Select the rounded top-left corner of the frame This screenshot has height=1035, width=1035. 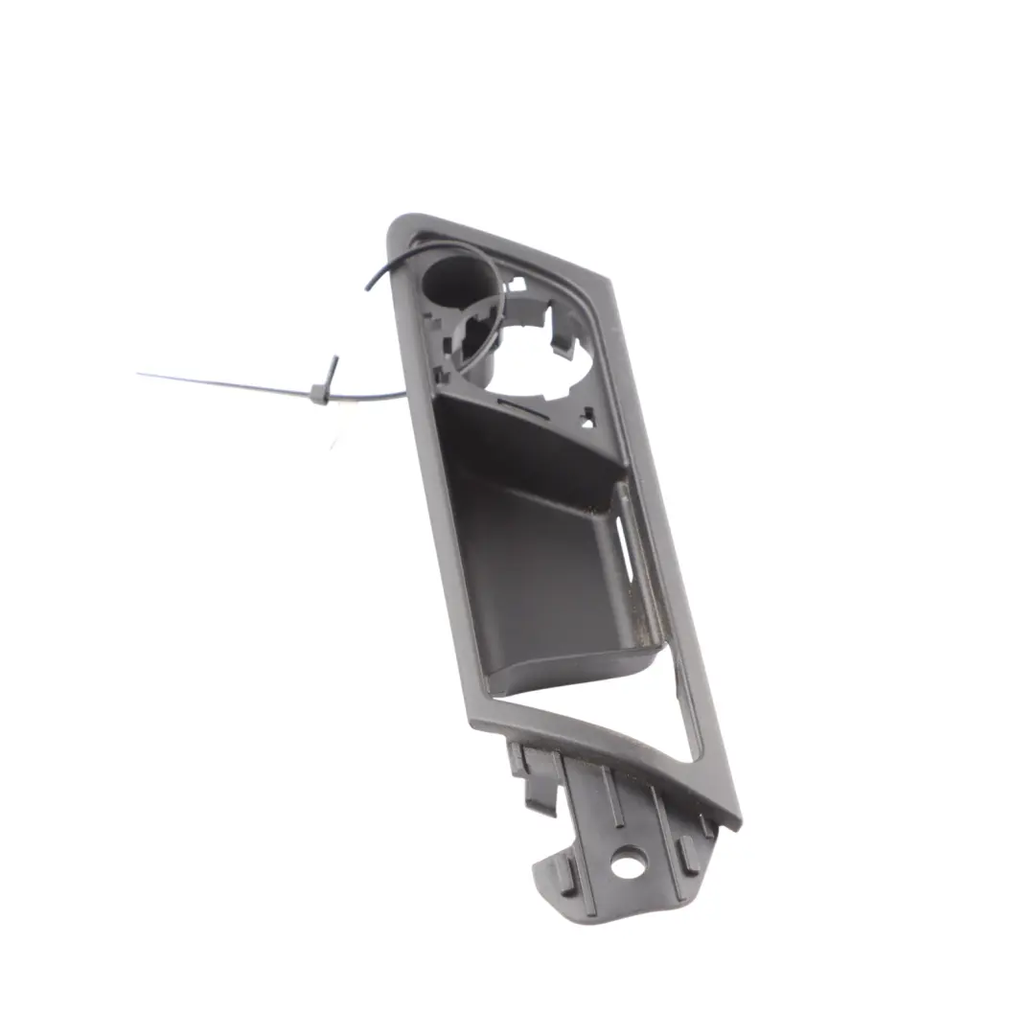point(399,226)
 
